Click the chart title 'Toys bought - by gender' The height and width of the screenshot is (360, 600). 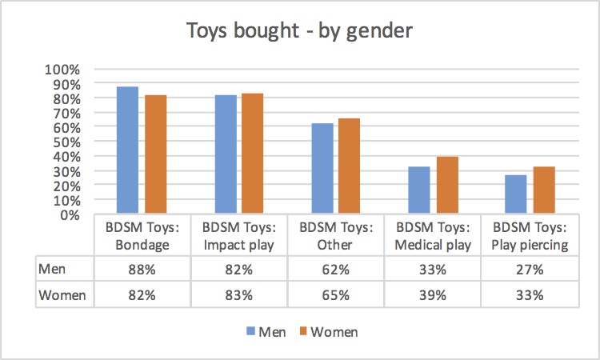300,31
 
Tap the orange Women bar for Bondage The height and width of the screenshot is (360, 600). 154,154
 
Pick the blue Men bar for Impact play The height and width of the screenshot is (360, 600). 225,154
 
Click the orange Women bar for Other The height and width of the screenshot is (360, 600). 349,166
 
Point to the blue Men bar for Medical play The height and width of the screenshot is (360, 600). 419,190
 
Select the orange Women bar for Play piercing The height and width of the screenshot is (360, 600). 544,190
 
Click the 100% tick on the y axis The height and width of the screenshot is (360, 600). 67,69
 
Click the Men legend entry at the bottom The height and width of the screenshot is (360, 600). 266,331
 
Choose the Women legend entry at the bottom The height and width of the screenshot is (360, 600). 328,331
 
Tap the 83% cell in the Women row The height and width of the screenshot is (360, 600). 238,294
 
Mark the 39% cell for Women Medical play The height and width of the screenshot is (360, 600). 433,294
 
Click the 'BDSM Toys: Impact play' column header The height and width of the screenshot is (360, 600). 238,236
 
